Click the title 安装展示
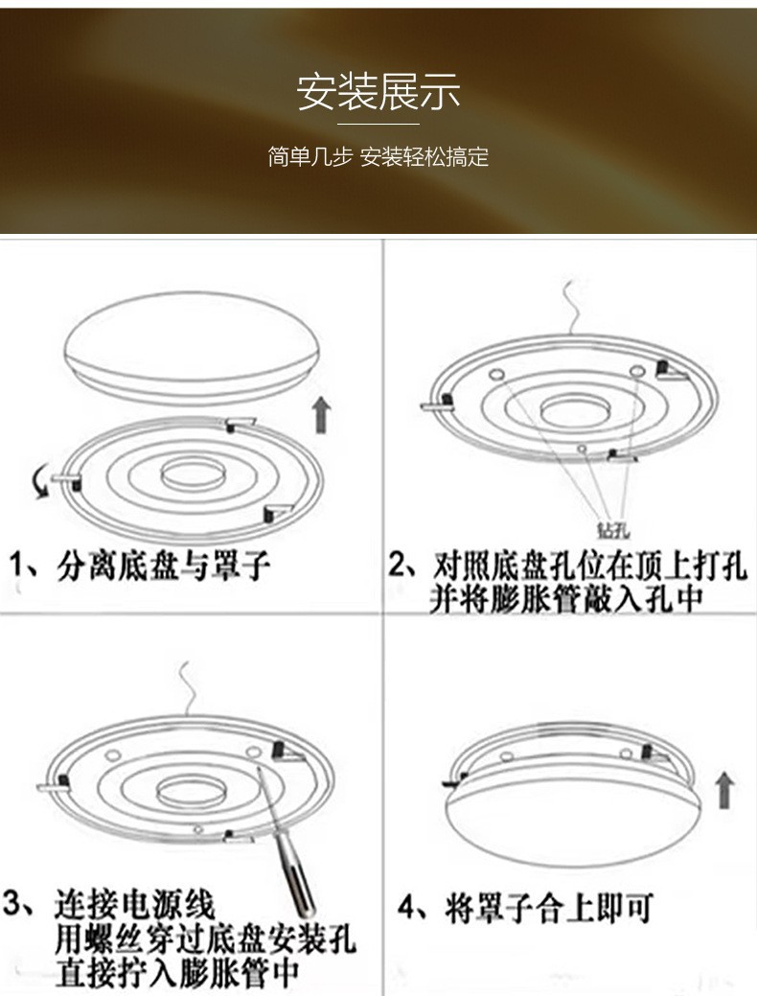click(378, 93)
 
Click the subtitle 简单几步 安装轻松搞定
click(378, 157)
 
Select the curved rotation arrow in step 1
click(39, 484)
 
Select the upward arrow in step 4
click(725, 791)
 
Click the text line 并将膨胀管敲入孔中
click(566, 598)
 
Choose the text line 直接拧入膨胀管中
click(177, 972)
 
